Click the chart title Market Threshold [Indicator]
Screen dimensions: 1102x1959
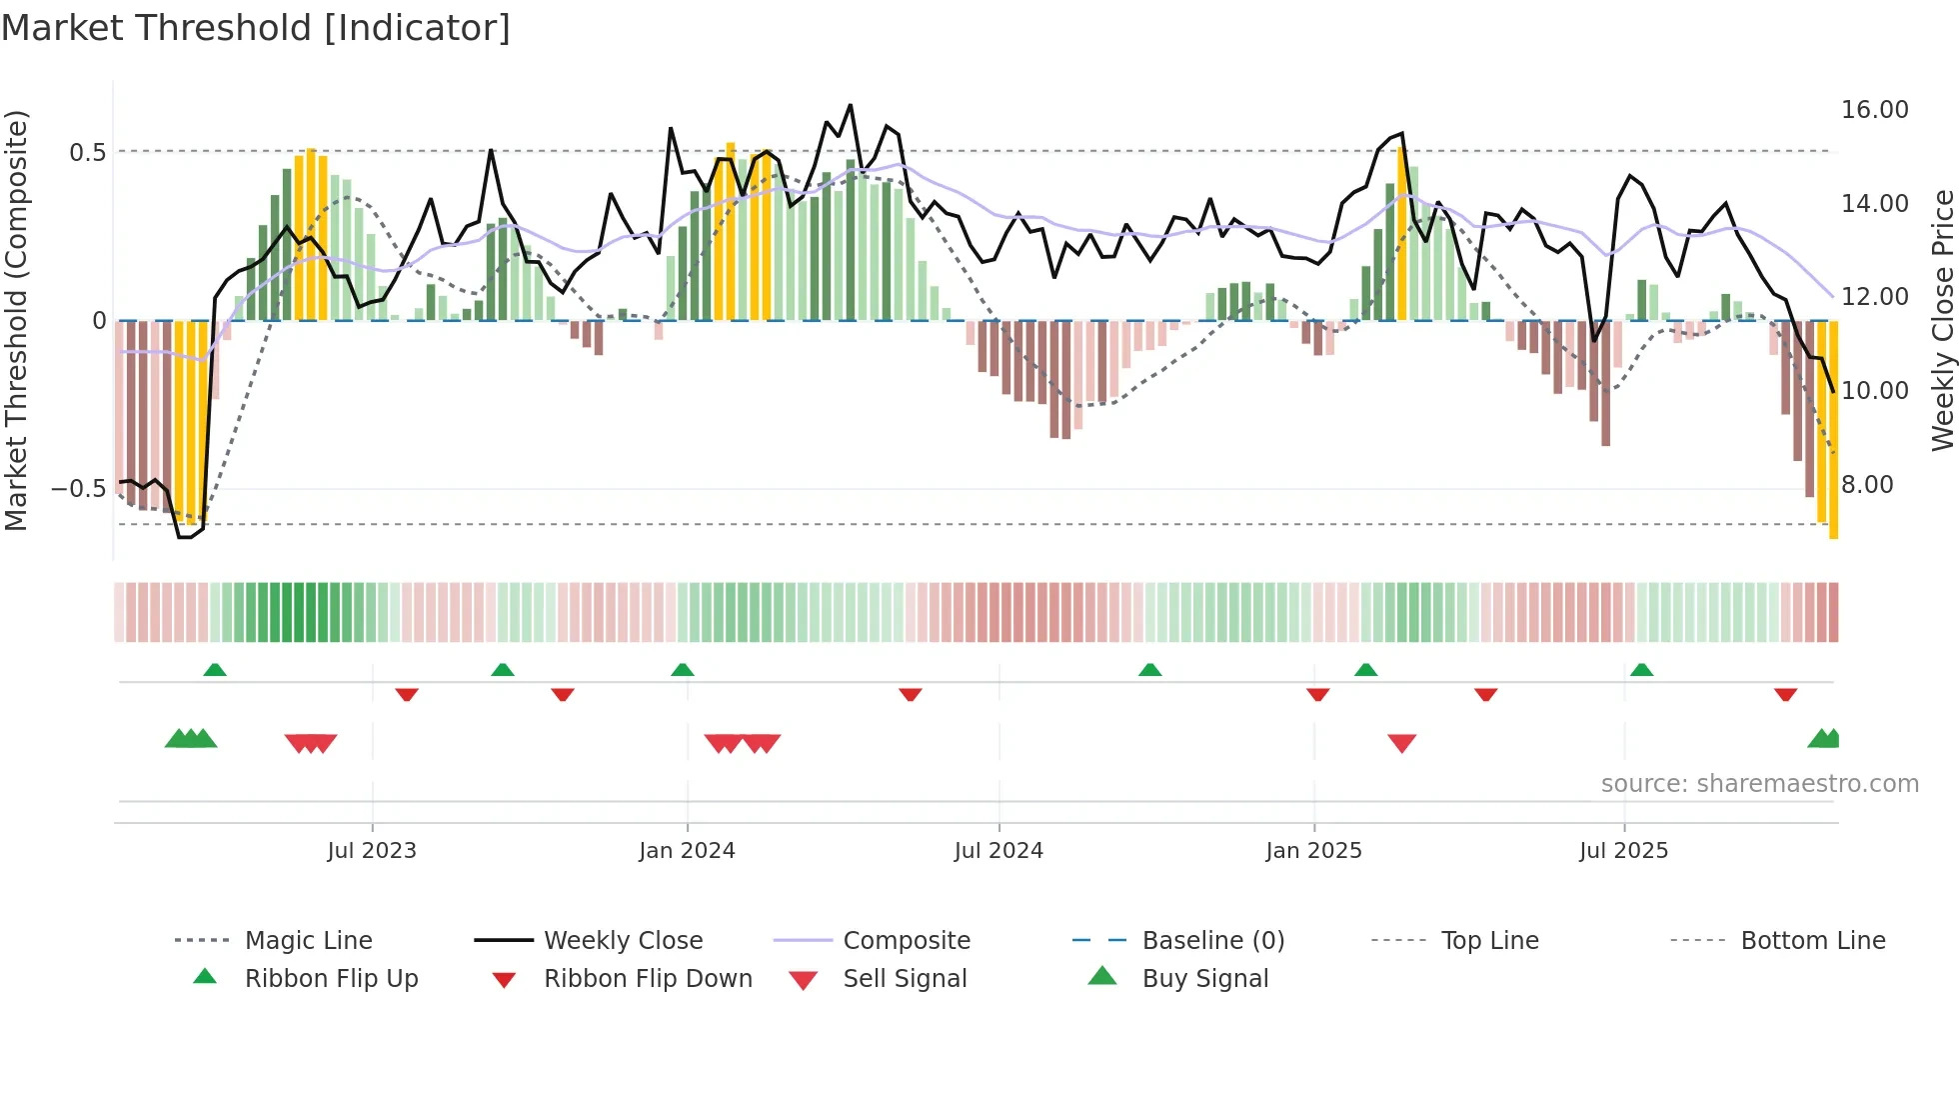[256, 28]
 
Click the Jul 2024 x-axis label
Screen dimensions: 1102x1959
[998, 851]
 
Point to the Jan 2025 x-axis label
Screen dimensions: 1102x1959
[1313, 851]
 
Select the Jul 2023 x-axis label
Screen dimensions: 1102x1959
[372, 851]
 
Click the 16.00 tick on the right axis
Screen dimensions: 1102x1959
[1874, 110]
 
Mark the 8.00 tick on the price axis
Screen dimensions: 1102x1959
[1867, 485]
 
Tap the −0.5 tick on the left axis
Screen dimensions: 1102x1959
[79, 489]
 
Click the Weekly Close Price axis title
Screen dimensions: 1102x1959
[1942, 320]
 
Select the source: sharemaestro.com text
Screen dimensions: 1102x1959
[1759, 784]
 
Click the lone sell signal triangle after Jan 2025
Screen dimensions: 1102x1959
[1401, 743]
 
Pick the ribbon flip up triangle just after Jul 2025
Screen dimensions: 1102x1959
[1641, 670]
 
